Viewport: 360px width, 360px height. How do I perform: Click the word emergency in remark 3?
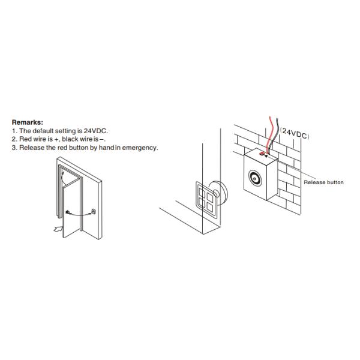142,147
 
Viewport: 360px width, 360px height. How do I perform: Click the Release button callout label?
323,182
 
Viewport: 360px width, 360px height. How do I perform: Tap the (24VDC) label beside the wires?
295,136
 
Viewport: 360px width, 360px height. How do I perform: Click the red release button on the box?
262,153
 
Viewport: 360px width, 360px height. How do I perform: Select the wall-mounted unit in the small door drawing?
94,211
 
